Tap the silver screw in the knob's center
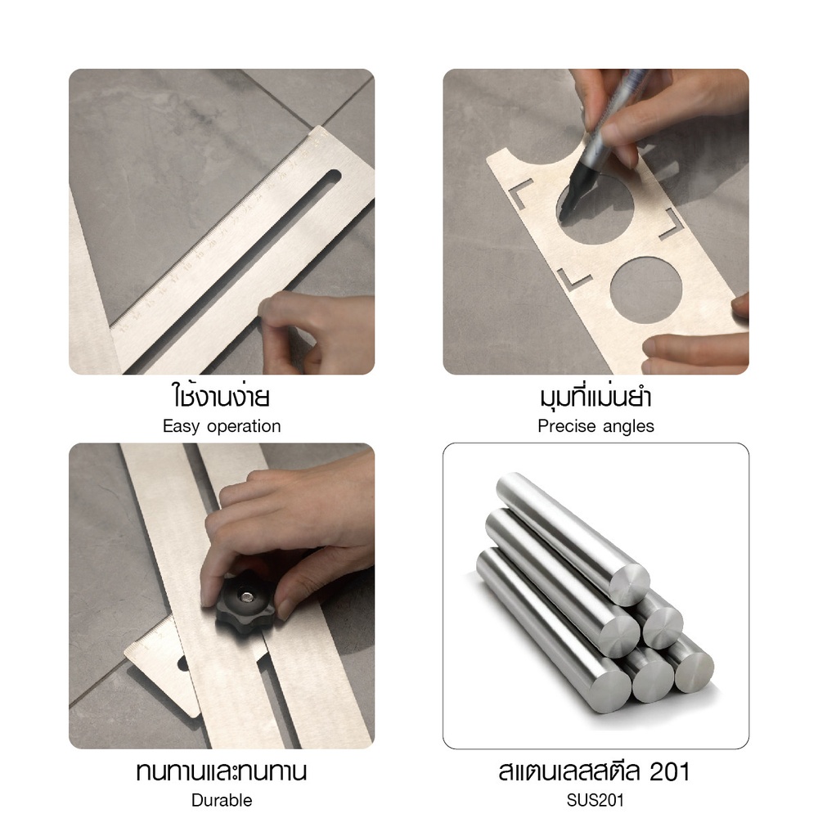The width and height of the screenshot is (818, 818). pos(247,596)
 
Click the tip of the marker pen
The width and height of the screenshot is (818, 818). pos(563,215)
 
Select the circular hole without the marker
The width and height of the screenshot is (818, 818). pos(646,290)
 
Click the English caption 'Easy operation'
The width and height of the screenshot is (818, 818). pos(222,426)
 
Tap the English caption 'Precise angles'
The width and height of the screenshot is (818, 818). pos(596,426)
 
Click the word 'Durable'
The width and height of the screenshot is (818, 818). pos(222,800)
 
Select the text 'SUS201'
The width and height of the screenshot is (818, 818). pos(596,800)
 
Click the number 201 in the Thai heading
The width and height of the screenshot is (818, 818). pos(670,771)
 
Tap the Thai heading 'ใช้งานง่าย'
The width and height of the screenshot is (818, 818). pos(221,396)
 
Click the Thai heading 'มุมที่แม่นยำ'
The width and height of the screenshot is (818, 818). pos(596,397)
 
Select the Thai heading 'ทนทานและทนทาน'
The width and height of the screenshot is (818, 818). pos(221,771)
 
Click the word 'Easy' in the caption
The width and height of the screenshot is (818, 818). pos(181,427)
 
